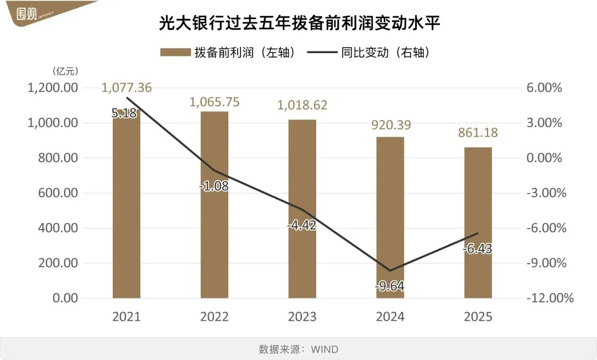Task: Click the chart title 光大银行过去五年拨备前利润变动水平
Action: click(x=298, y=24)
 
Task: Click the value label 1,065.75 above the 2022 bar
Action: click(x=214, y=102)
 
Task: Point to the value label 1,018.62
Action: click(x=302, y=105)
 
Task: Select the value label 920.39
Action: click(x=390, y=125)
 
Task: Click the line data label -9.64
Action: click(x=390, y=286)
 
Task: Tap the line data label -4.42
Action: click(x=302, y=225)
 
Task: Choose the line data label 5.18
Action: click(x=125, y=113)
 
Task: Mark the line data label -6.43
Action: click(x=478, y=249)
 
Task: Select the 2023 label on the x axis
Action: click(x=302, y=317)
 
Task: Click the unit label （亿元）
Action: click(x=65, y=71)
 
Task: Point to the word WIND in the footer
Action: click(x=324, y=349)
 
